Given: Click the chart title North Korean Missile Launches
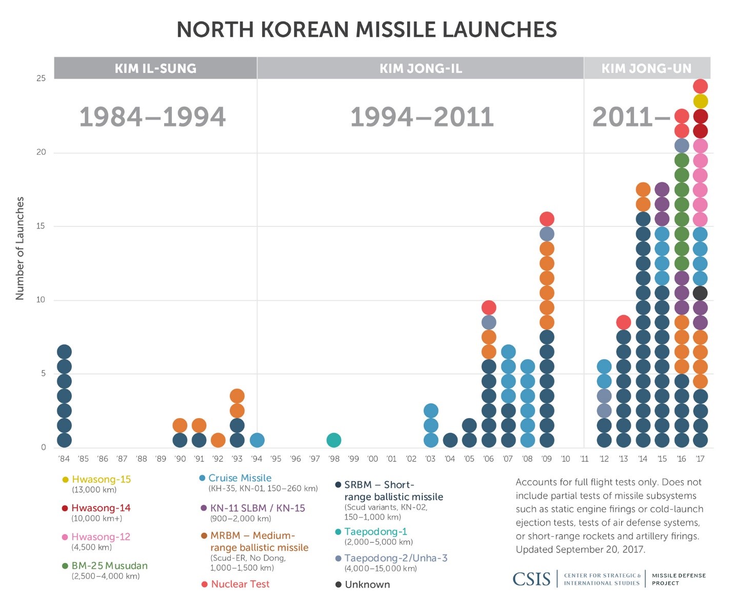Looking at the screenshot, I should [366, 30].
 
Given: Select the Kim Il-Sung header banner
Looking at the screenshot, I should [155, 68].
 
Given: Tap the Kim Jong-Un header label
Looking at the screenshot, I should [646, 68].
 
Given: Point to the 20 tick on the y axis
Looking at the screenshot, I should [41, 152].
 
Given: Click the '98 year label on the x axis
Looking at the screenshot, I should [333, 459].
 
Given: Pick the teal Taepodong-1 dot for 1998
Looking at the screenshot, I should [333, 440].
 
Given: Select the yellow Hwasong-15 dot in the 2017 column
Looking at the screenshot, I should [700, 101].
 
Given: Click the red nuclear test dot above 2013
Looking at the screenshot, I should [623, 322].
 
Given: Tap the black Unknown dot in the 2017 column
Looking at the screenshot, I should [700, 293].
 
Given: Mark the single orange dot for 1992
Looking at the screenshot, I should [218, 440].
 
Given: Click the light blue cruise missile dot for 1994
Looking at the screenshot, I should [256, 440].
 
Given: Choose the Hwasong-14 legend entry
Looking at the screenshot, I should [101, 508].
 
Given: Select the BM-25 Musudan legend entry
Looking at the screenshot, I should [109, 566].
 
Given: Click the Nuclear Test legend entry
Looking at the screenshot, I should [240, 585].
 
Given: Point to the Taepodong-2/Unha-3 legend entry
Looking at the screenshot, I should [395, 558].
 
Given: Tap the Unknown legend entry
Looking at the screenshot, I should [367, 585].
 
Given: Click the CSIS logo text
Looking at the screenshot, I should [531, 579].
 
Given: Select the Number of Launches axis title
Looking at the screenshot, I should [20, 248].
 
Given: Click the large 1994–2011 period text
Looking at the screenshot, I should [422, 117].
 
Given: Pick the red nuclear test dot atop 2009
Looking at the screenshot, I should [547, 219].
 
